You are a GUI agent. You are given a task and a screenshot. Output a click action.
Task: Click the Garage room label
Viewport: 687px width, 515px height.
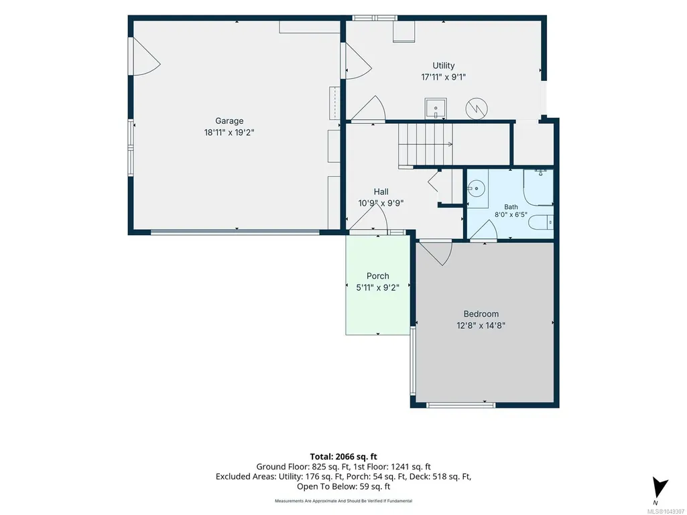coord(229,121)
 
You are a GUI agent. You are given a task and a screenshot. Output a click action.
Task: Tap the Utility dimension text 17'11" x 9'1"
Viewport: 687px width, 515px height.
coord(444,77)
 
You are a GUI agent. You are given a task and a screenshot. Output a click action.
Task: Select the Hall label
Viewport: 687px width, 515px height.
coord(381,192)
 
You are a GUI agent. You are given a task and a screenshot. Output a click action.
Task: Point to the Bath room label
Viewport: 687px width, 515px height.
coord(511,207)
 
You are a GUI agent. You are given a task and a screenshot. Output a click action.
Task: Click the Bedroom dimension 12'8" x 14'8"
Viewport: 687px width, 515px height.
coord(481,325)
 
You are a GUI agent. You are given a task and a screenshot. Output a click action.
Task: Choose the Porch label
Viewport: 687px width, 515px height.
coord(377,276)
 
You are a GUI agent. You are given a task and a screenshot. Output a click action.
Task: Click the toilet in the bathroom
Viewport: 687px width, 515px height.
coord(541,222)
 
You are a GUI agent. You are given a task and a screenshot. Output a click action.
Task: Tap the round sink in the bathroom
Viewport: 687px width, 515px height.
coord(476,189)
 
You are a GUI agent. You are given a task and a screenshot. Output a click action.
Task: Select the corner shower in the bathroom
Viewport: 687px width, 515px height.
coord(538,188)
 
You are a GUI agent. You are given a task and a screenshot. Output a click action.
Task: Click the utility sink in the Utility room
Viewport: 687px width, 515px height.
coord(436,108)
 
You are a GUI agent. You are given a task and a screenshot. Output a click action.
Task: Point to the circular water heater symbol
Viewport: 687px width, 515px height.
coord(477,108)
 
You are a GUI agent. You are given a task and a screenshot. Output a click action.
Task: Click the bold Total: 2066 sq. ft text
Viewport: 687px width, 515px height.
coord(343,457)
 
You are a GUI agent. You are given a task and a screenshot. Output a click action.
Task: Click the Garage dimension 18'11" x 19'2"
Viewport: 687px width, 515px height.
coord(229,132)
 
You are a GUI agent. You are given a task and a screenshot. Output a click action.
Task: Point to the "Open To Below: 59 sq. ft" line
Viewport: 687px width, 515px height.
coord(343,486)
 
